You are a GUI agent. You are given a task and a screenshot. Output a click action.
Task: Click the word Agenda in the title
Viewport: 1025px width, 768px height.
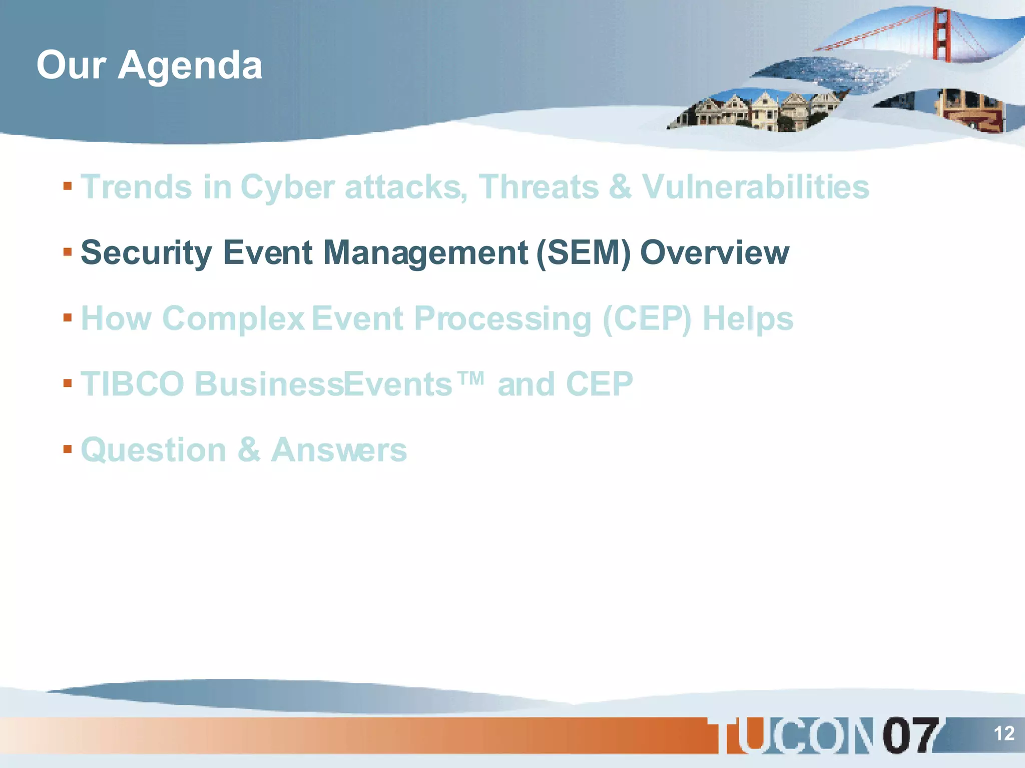(190, 66)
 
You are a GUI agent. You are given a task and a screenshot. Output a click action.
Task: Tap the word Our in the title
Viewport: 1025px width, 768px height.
(71, 65)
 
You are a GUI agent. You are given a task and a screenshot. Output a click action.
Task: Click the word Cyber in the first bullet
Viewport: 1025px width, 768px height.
(287, 187)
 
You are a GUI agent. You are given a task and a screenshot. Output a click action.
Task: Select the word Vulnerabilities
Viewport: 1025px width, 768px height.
(755, 187)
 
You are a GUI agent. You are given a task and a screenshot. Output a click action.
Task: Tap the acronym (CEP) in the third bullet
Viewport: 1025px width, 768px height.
(647, 318)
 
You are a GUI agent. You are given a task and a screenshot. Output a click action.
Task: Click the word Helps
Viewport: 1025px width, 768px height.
(748, 319)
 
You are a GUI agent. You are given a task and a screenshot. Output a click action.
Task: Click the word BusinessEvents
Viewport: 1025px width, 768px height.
(323, 384)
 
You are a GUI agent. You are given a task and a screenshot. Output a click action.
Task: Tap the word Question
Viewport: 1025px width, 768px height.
(154, 450)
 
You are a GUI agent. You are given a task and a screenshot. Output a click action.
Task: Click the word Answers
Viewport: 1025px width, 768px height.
(339, 450)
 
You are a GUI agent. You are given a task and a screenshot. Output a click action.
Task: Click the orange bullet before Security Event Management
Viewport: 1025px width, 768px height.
(68, 251)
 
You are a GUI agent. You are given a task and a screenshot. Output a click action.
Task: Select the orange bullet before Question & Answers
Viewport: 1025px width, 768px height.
(68, 448)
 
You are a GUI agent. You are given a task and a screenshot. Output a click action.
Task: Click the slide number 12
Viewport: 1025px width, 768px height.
(1003, 733)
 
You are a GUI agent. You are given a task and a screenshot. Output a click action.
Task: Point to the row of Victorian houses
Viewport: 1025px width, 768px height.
(756, 111)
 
